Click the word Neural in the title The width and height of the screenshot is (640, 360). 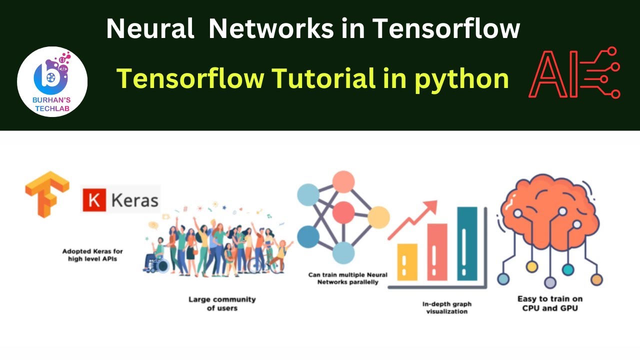(150, 29)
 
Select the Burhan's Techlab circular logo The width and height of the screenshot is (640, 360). (52, 81)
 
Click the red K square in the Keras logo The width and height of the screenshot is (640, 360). (93, 199)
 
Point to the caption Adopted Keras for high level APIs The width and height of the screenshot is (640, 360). (92, 255)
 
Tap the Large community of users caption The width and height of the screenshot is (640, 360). (222, 303)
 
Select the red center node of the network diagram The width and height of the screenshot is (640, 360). (343, 212)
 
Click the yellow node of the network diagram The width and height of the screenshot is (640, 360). (378, 217)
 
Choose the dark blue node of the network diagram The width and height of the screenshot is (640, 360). (308, 237)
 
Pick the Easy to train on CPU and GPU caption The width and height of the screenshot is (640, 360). (550, 303)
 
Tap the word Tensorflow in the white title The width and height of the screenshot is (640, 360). (446, 29)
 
